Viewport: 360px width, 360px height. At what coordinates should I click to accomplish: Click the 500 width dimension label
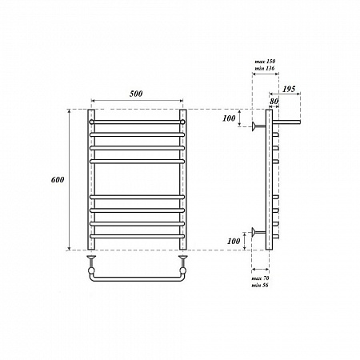136,94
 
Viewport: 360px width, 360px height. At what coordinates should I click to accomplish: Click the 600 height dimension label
58,180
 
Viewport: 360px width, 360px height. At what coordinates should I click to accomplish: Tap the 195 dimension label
289,89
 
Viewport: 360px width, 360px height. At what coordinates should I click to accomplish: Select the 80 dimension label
274,102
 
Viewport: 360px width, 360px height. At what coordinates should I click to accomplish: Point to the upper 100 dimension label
229,118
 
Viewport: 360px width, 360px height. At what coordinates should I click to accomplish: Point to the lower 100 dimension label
234,241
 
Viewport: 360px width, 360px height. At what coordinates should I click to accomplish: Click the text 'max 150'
265,62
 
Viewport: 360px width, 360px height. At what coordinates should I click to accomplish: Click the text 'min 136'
265,68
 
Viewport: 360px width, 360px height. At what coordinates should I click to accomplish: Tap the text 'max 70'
260,278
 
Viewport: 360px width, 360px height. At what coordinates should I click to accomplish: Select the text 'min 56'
260,286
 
